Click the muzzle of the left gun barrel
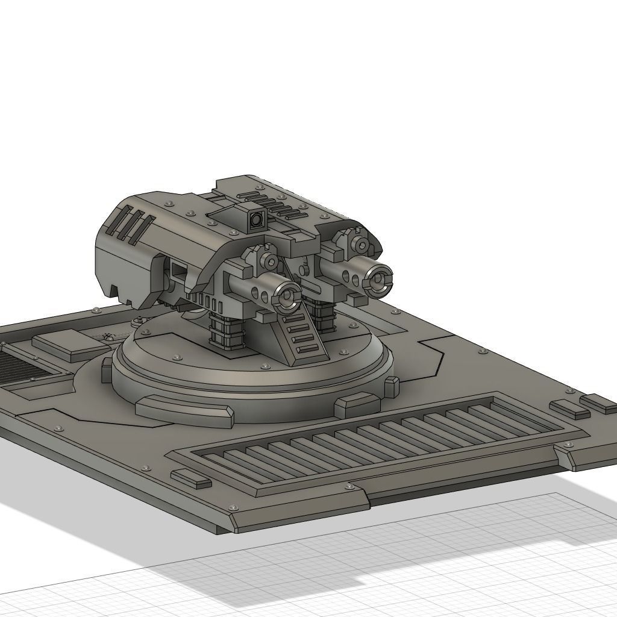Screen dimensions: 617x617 (288, 296)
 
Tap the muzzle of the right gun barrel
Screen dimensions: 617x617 (380, 279)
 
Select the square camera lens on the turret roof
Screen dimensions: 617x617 (255, 220)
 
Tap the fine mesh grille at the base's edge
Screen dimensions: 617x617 (24, 368)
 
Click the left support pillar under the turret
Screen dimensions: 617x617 (225, 333)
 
